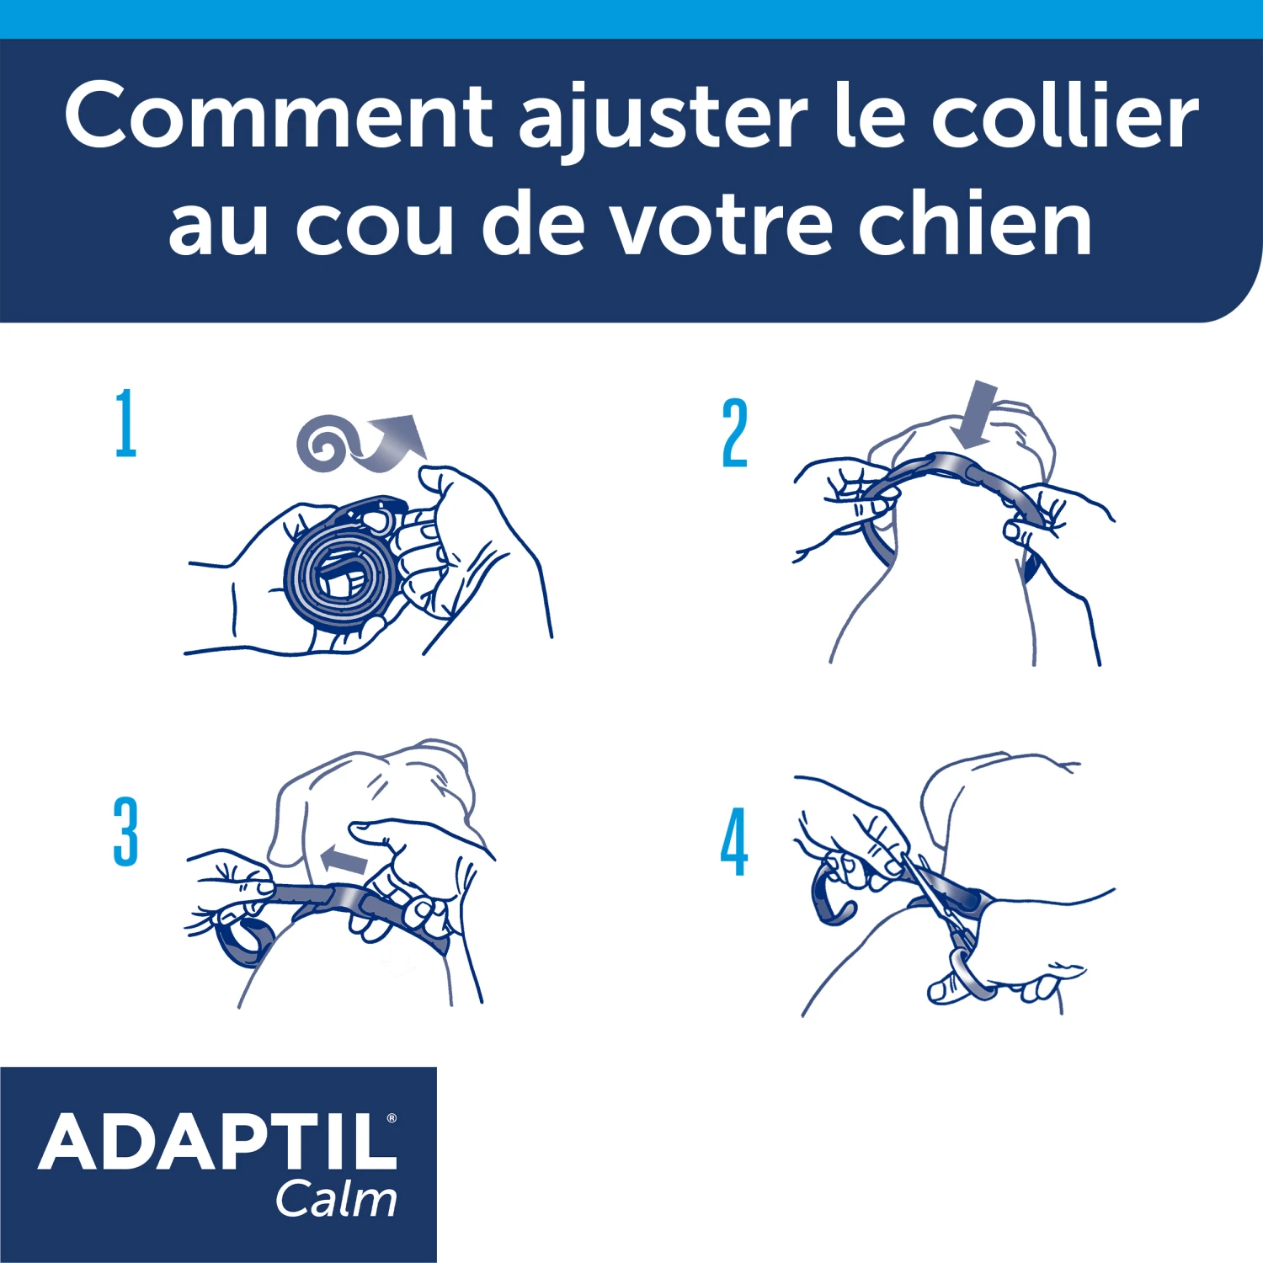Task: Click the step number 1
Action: (x=125, y=423)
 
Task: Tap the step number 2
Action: (x=734, y=433)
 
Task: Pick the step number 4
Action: (x=734, y=841)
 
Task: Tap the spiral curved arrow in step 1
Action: (x=358, y=442)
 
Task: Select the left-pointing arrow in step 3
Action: (x=344, y=860)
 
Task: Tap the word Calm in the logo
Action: (x=336, y=1199)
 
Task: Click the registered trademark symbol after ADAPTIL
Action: (x=392, y=1118)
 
